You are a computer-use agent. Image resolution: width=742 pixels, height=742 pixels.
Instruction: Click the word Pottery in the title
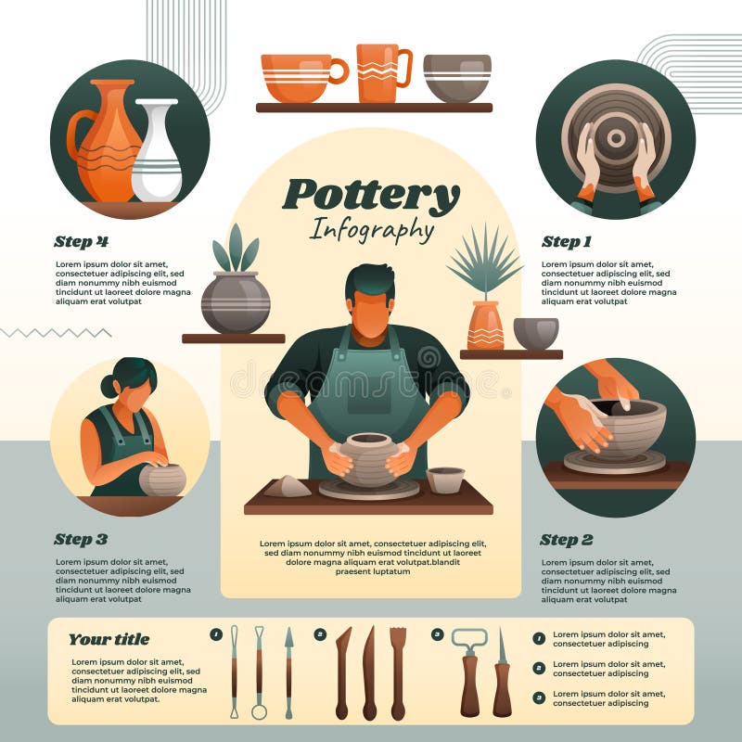pos(371,196)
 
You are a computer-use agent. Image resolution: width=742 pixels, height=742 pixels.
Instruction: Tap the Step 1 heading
pos(566,242)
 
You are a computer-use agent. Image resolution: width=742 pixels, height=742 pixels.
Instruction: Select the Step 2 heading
pos(566,540)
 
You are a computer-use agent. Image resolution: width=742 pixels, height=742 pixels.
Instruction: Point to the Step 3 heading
pos(81,539)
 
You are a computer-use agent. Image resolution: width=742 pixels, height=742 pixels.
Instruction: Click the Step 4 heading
pos(81,242)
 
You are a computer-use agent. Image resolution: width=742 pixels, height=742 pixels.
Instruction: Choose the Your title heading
pos(109,639)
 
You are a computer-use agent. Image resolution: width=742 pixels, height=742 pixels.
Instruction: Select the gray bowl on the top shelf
pos(457,78)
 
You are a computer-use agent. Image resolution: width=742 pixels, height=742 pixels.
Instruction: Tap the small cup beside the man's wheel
pos(445,480)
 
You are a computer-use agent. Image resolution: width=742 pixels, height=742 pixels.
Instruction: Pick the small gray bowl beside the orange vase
pos(536,333)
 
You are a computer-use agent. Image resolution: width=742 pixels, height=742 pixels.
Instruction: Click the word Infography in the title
pos(371,229)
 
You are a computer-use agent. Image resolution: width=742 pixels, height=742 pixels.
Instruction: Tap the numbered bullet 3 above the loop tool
pos(438,634)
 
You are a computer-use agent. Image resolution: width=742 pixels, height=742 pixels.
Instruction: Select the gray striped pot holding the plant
pos(236,302)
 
